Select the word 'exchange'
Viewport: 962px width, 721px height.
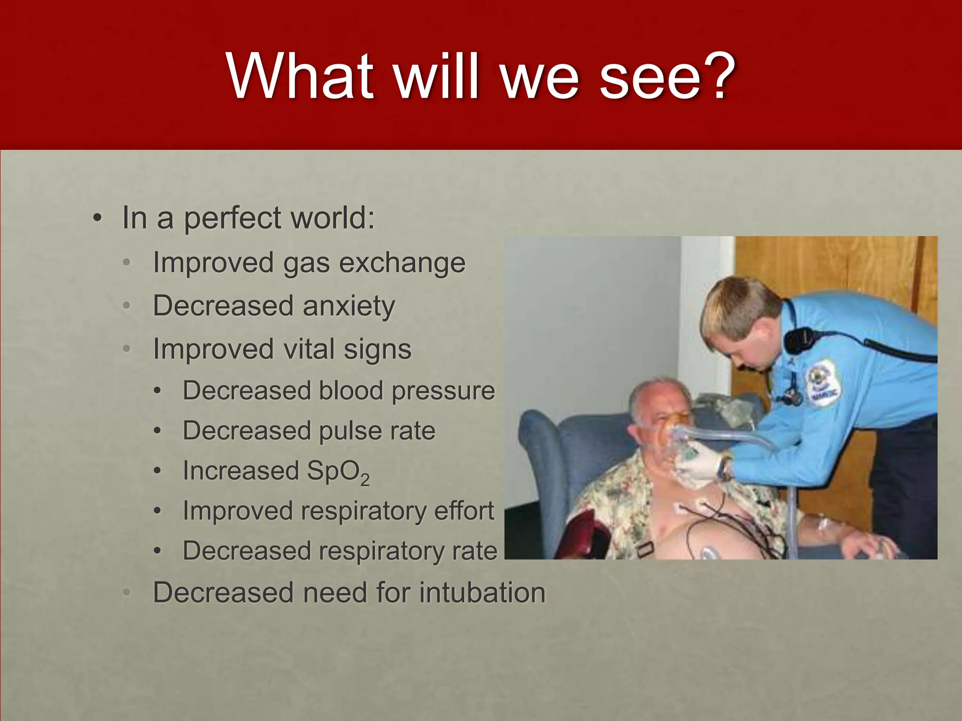(x=402, y=263)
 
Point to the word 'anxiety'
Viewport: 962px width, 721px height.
(x=349, y=307)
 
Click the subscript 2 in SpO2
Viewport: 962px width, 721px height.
(x=365, y=481)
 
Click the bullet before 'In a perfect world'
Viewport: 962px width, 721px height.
(x=97, y=219)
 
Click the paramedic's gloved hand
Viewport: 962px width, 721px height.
(x=700, y=465)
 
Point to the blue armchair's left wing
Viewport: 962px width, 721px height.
(x=540, y=451)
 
